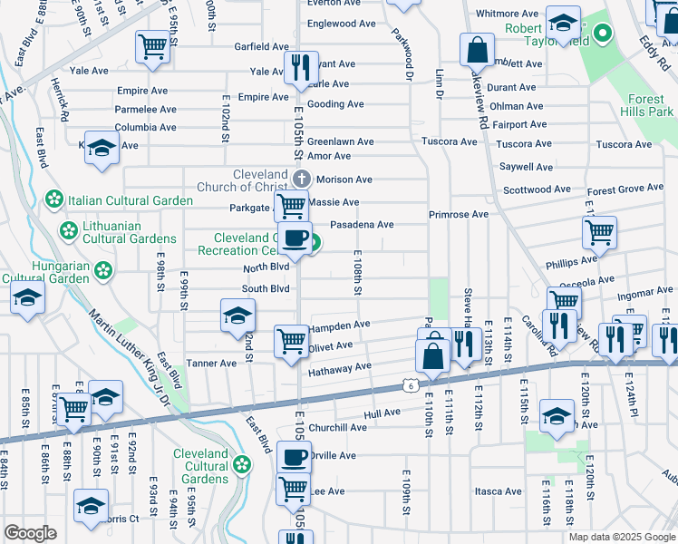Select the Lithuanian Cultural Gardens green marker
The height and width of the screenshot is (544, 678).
coord(68,231)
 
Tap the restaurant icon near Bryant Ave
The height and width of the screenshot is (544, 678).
coord(300,66)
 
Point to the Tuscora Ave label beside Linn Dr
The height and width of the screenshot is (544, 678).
coord(454,142)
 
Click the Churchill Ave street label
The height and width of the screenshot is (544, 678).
coord(337,428)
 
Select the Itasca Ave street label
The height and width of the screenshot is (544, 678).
coord(499,491)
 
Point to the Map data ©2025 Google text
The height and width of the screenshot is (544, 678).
coord(621,537)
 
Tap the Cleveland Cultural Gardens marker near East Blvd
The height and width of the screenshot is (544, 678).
coord(241,465)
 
